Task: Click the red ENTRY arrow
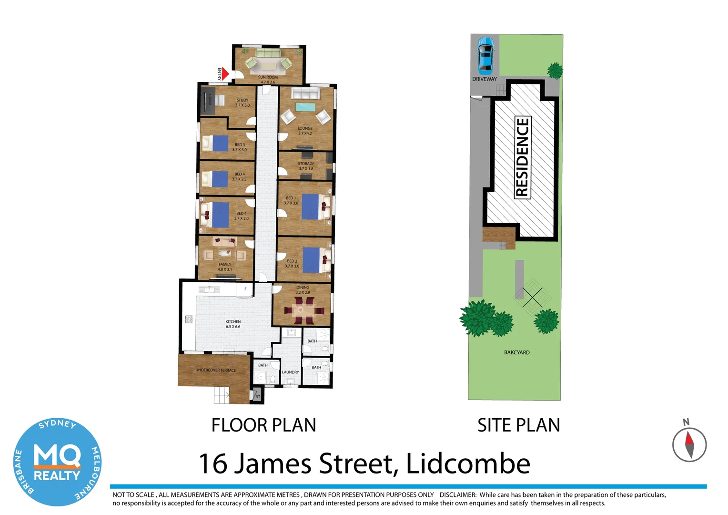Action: tap(224, 74)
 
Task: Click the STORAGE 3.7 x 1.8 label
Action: tap(306, 166)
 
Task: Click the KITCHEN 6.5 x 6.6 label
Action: tap(233, 324)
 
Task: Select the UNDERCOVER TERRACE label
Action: tap(215, 370)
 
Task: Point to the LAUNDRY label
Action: tap(290, 372)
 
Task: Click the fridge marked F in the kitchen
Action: tap(245, 289)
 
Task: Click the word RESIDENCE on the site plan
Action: tap(522, 157)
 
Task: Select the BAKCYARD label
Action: tap(516, 352)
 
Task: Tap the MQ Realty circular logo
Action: tap(57, 462)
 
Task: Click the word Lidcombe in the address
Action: tap(467, 464)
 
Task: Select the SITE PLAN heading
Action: tap(518, 425)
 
